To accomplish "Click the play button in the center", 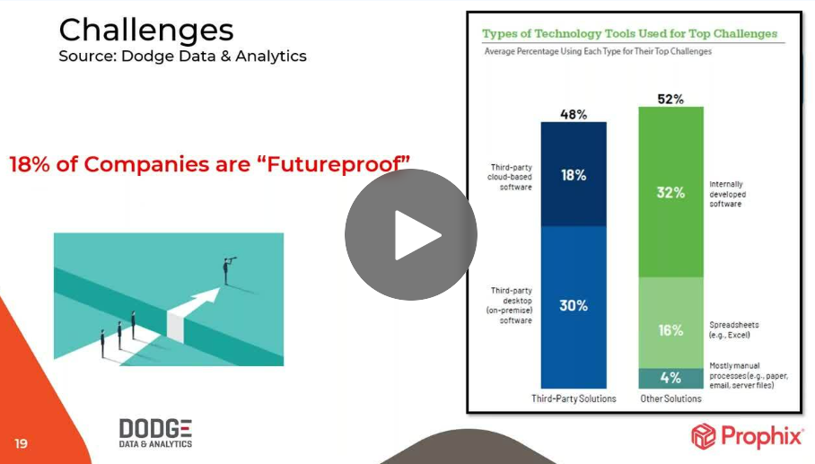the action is [x=410, y=234].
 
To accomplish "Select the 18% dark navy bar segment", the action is [x=574, y=174].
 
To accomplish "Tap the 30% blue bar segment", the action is [x=574, y=307].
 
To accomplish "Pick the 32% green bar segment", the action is [x=670, y=192].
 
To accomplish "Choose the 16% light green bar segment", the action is [x=670, y=323].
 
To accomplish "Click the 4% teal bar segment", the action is [x=670, y=378].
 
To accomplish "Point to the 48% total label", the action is [x=574, y=114].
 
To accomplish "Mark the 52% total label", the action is [x=670, y=99].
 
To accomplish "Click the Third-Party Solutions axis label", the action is [x=574, y=398].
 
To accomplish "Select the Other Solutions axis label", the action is [x=670, y=398].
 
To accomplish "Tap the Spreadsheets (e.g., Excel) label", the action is [x=734, y=330].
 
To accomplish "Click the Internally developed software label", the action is [x=728, y=194].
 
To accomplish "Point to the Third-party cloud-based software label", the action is [x=510, y=177].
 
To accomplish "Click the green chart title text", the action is [x=629, y=34].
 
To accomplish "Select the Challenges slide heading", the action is [x=146, y=30].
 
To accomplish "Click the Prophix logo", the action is [x=747, y=436].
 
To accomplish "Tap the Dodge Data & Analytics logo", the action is [x=155, y=433].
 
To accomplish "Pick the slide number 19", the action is [x=21, y=443].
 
